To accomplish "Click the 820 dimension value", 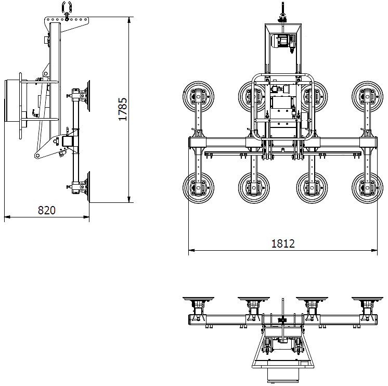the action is (x=46, y=210).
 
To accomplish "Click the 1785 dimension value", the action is (x=123, y=109).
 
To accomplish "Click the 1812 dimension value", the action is (x=283, y=244).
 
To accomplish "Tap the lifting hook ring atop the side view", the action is (x=67, y=7).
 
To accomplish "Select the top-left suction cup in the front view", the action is (x=198, y=97).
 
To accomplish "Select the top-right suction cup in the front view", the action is (x=367, y=97).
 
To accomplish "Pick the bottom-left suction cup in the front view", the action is (x=198, y=188).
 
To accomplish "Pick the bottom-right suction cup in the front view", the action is (x=367, y=188).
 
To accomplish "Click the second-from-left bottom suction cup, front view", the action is (x=254, y=188).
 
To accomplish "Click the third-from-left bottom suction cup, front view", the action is (x=312, y=188).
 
